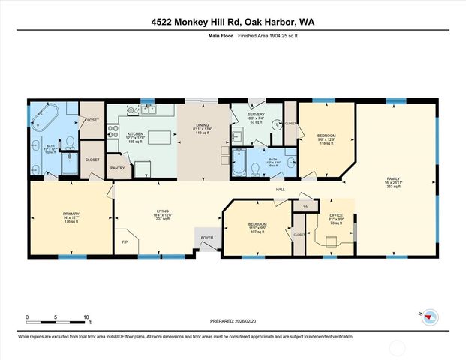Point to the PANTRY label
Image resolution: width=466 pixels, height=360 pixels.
point(117,168)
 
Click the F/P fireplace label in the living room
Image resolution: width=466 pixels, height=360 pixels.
point(125,241)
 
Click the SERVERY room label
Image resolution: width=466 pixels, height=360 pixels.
point(254,115)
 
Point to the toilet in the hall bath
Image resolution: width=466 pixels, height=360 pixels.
point(255,169)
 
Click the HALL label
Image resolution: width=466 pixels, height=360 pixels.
point(280,190)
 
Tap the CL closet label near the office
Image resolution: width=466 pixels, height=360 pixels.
point(305,205)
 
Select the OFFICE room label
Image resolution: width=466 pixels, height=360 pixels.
point(335,216)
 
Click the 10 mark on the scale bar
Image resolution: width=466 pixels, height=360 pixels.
point(87,317)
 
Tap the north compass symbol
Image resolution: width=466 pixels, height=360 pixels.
point(430,316)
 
